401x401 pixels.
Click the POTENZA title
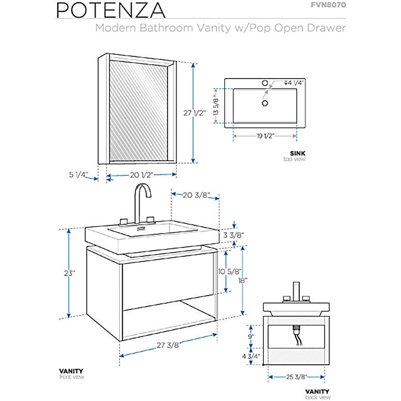coord(111,10)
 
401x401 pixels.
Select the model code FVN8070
coord(327,6)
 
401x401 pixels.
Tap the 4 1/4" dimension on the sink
coord(294,83)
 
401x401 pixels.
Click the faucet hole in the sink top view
coord(265,83)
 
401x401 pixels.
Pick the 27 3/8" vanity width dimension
coord(166,346)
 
